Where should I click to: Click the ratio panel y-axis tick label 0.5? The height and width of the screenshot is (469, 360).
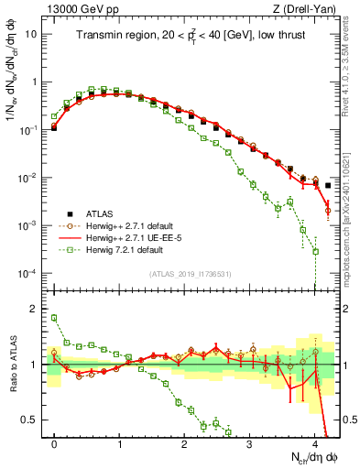pos(30,420)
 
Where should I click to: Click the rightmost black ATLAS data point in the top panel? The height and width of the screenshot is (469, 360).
pos(328,186)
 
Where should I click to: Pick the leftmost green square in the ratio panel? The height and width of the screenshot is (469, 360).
pos(54,318)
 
